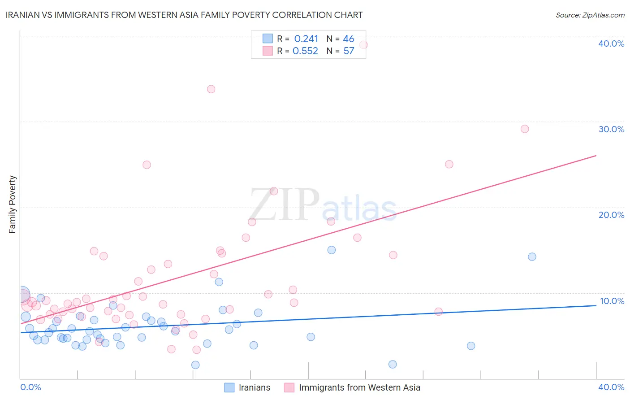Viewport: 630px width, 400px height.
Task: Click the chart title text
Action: [184, 15]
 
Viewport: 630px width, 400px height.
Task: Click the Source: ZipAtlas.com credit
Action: [590, 15]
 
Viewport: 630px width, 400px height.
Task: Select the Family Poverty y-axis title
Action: [13, 204]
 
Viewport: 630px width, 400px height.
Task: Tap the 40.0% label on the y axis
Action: [611, 43]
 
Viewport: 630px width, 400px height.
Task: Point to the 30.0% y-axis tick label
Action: [611, 129]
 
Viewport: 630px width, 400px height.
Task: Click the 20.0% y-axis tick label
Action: [611, 215]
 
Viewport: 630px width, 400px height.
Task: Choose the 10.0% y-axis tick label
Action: [612, 301]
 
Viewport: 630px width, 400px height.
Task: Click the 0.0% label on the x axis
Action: [30, 387]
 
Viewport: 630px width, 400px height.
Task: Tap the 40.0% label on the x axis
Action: [611, 387]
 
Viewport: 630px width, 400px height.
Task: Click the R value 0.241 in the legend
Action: [306, 39]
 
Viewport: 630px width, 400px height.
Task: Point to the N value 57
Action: [349, 51]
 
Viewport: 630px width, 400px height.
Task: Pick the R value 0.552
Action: [305, 51]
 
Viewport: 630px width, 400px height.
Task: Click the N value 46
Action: [349, 39]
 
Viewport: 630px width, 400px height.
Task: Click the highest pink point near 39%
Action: [363, 45]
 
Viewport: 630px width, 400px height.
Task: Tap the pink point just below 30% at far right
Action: [525, 129]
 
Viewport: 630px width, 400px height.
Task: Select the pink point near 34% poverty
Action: [211, 89]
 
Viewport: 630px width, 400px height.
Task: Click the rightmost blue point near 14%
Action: [532, 257]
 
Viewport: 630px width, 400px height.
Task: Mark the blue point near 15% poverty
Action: [332, 250]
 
